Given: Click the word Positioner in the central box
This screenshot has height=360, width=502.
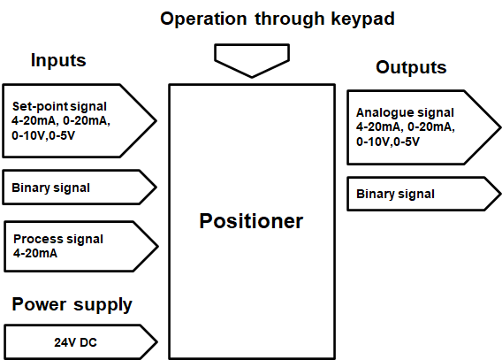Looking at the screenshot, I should [251, 221].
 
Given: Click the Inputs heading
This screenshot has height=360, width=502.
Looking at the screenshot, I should [58, 61].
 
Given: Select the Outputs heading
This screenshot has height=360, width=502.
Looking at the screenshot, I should [411, 67].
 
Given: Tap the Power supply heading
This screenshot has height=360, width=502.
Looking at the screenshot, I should [72, 305].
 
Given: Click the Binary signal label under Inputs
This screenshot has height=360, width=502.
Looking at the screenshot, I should [50, 188].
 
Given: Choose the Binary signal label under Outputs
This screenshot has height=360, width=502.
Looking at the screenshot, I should [395, 194].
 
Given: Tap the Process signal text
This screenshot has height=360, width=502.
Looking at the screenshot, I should [58, 239].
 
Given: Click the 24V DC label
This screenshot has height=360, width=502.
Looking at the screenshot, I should [75, 341].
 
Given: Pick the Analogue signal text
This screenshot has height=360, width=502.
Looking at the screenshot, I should [405, 113].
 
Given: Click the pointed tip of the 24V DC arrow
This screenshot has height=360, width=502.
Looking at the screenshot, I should [156, 341].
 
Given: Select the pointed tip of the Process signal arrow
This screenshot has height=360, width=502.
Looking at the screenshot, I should [156, 246].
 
